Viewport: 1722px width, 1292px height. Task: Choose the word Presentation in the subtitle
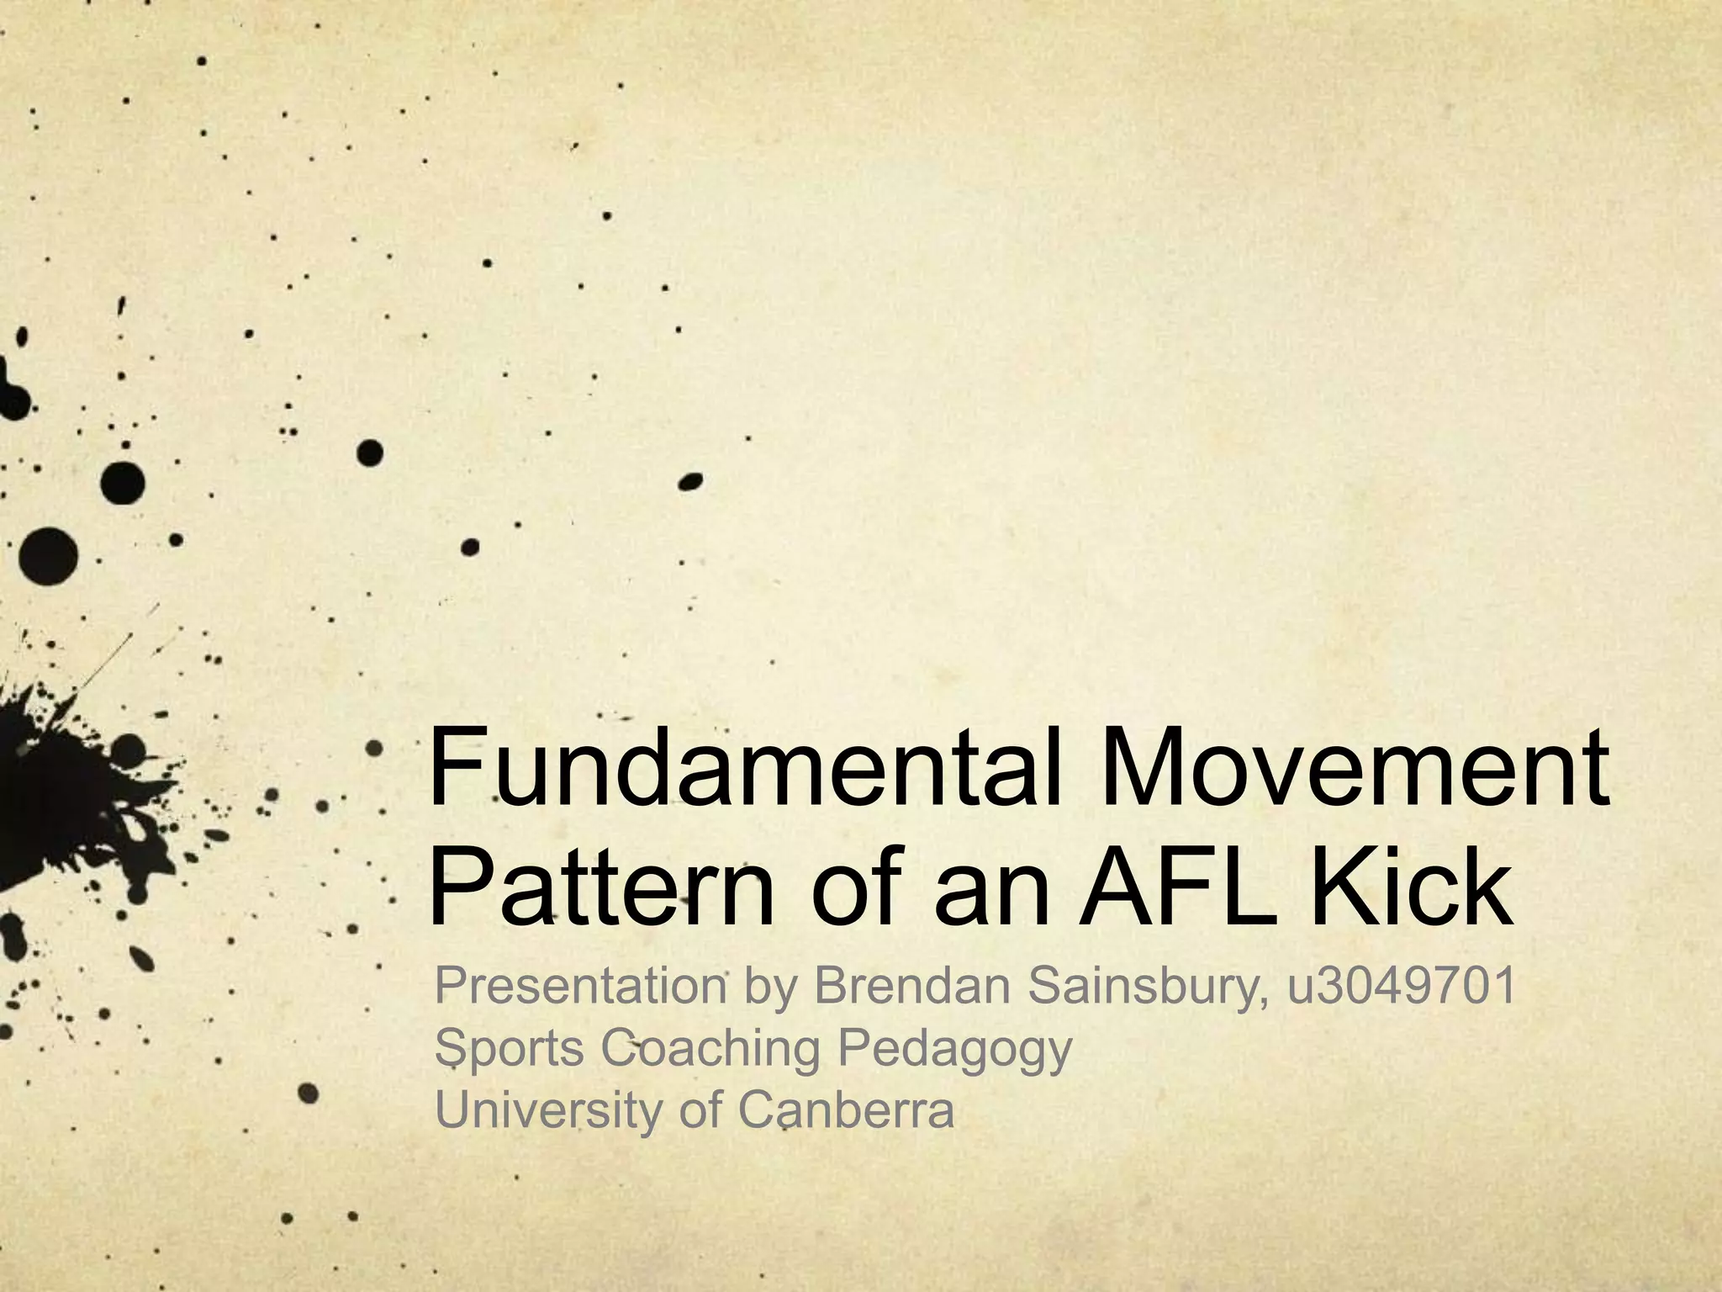580,986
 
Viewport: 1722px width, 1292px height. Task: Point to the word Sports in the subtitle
509,1048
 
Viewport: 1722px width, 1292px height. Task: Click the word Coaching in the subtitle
710,1050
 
